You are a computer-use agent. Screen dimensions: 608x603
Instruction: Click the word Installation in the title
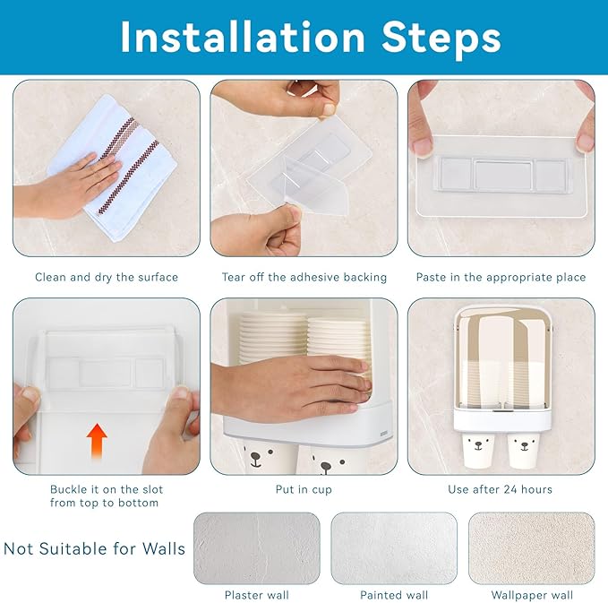click(x=243, y=37)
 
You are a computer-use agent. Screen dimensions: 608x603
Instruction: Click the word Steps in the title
click(x=441, y=38)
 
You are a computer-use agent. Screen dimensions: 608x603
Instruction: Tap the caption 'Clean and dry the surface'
click(x=107, y=277)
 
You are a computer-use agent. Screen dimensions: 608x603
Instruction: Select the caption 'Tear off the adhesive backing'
click(x=304, y=277)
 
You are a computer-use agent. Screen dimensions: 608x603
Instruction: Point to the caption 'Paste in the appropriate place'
click(x=501, y=277)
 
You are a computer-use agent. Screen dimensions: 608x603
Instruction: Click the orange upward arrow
click(x=97, y=441)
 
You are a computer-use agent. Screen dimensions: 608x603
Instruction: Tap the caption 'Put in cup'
click(x=304, y=490)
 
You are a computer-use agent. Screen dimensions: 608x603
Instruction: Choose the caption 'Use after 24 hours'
click(x=500, y=489)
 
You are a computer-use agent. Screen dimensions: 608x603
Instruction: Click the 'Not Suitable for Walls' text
click(x=95, y=548)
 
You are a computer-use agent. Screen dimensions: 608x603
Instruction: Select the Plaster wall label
click(x=257, y=595)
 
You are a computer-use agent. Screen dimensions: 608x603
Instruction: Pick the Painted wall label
click(x=394, y=595)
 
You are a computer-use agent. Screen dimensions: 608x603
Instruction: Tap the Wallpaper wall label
click(x=532, y=595)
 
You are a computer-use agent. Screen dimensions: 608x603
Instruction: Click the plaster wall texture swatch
click(x=257, y=548)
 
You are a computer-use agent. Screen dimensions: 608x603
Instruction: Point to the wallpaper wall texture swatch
click(x=532, y=548)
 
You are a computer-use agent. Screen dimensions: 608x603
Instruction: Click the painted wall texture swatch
click(x=394, y=548)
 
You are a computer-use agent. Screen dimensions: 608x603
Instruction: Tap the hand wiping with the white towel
click(x=70, y=186)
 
